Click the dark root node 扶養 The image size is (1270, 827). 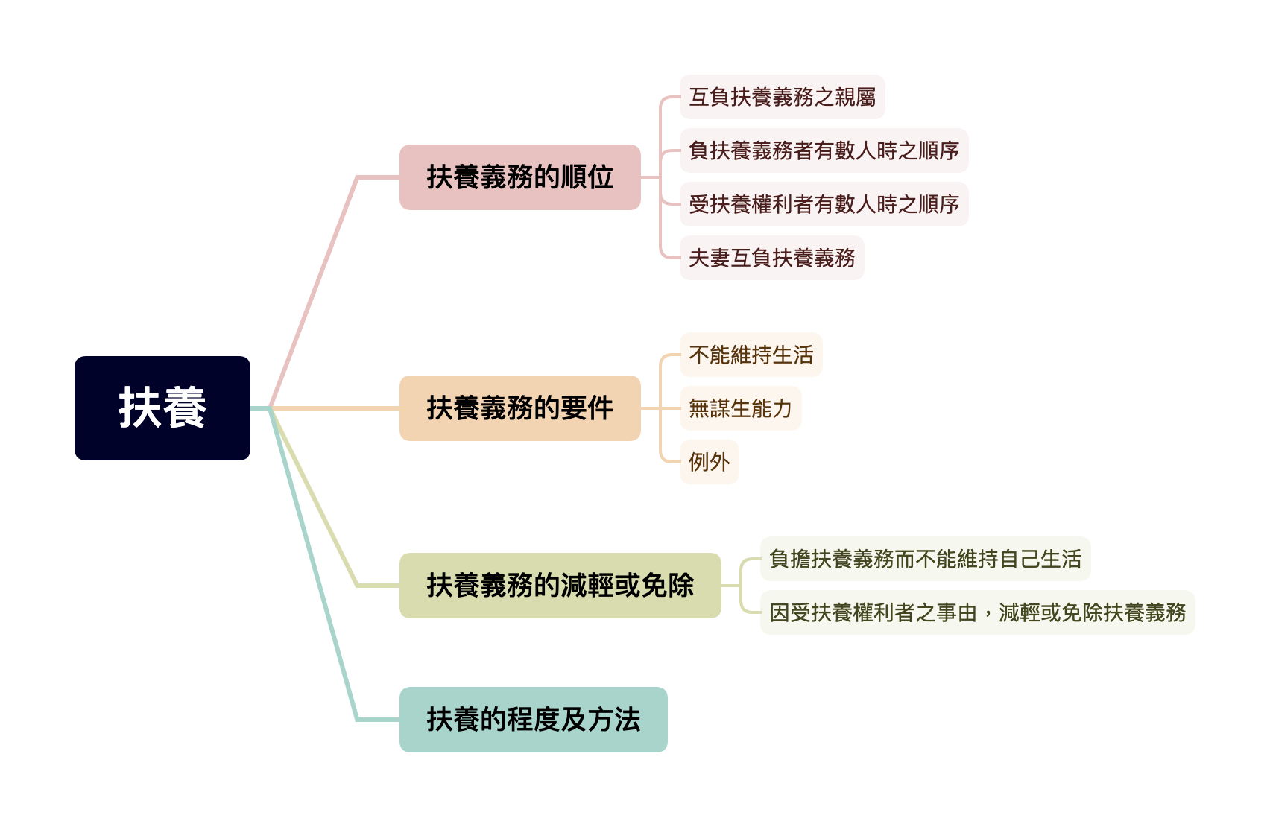pyautogui.click(x=162, y=408)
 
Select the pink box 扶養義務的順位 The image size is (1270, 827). pyautogui.click(x=519, y=177)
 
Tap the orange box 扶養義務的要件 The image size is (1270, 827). pyautogui.click(x=519, y=408)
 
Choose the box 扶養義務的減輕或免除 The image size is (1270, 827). pyautogui.click(x=560, y=586)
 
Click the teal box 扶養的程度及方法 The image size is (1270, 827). pyautogui.click(x=533, y=720)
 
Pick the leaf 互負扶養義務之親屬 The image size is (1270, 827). pyautogui.click(x=782, y=97)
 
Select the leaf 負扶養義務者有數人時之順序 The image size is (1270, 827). pyautogui.click(x=824, y=150)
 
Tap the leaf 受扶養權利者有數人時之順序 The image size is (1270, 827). pyautogui.click(x=824, y=204)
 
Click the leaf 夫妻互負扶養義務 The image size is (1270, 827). pyautogui.click(x=771, y=258)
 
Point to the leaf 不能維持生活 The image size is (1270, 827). pyautogui.click(x=751, y=355)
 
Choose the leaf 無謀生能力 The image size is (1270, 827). pyautogui.click(x=740, y=408)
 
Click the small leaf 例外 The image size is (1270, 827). pyautogui.click(x=709, y=462)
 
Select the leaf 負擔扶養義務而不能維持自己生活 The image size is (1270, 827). pyautogui.click(x=925, y=559)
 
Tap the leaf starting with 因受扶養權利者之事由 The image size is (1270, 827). pyautogui.click(x=977, y=612)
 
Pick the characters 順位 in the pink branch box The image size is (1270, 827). pyautogui.click(x=587, y=177)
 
